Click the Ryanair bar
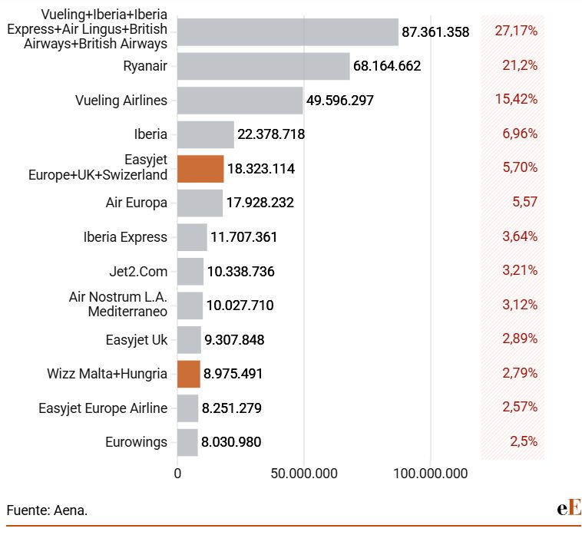tap(263, 66)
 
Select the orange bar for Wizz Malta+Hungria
tap(189, 374)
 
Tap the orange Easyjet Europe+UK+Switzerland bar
tap(200, 168)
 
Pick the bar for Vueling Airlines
tap(240, 100)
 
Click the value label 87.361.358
tap(435, 32)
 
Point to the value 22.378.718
tap(271, 134)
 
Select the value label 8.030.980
tap(231, 442)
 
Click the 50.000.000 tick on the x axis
tap(303, 474)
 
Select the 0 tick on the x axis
tap(178, 474)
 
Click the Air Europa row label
tap(136, 203)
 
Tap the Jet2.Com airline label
tap(138, 271)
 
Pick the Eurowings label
tap(136, 442)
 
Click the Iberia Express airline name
tap(125, 236)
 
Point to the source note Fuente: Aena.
tap(47, 509)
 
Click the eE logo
tap(569, 507)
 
